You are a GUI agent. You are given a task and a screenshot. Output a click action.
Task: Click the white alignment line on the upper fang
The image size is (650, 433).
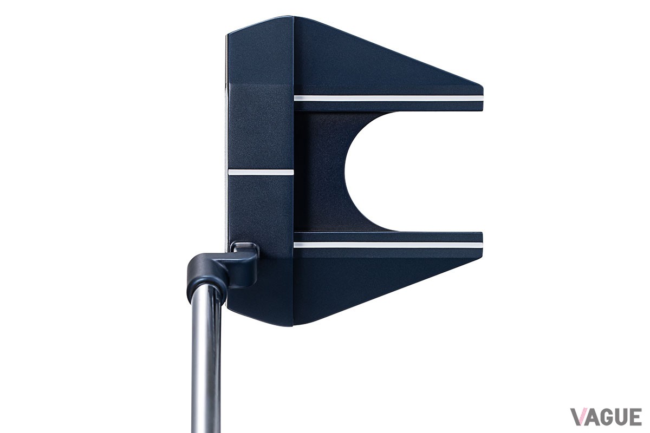click(388, 99)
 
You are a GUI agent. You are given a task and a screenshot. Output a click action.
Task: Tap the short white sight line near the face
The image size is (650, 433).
click(261, 172)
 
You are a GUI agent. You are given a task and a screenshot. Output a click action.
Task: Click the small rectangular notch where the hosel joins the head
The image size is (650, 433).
click(244, 247)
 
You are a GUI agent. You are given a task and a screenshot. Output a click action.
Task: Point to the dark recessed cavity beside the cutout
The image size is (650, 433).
click(319, 172)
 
